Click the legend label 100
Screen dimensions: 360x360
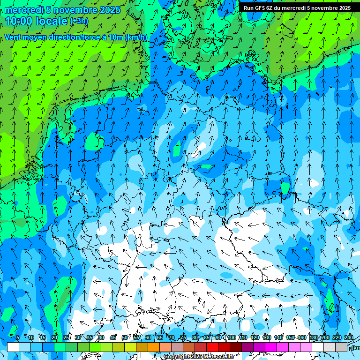[231, 337]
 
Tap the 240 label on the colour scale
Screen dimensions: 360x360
[348, 337]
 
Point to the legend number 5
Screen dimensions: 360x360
[17, 337]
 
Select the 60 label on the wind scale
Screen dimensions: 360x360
[148, 337]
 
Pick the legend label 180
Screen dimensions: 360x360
[313, 337]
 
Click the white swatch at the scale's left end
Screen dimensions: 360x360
[13, 347]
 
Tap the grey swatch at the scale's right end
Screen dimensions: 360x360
[341, 347]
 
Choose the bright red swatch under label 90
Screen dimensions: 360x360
[212, 347]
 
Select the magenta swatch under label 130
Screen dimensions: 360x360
[271, 347]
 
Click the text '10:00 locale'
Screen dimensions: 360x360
[36, 21]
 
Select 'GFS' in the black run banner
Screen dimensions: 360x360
[260, 8]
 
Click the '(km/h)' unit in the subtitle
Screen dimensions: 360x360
[136, 37]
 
